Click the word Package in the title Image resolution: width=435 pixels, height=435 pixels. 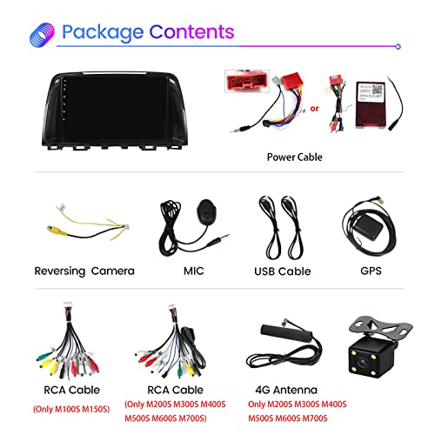tap(103, 32)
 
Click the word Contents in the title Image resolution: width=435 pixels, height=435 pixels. tap(191, 31)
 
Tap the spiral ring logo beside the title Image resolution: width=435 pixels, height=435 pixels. tap(43, 35)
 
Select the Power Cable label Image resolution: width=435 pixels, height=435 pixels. tap(294, 157)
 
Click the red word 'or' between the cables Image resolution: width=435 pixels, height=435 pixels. tap(314, 109)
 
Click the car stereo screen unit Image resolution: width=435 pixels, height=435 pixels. tap(115, 110)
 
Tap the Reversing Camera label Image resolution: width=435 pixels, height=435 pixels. tap(84, 271)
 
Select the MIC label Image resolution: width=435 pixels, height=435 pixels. tap(194, 271)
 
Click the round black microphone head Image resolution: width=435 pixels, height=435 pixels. tap(206, 211)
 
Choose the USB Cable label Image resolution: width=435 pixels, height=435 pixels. tap(283, 271)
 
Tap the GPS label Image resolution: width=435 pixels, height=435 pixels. tap(371, 271)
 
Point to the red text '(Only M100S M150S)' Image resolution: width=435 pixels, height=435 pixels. tap(71, 409)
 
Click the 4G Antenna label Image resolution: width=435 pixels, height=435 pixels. tap(286, 390)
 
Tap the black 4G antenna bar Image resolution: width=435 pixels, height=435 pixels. tap(286, 334)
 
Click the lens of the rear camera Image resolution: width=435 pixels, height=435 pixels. tap(363, 363)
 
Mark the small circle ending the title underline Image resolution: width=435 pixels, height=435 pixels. tap(398, 46)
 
